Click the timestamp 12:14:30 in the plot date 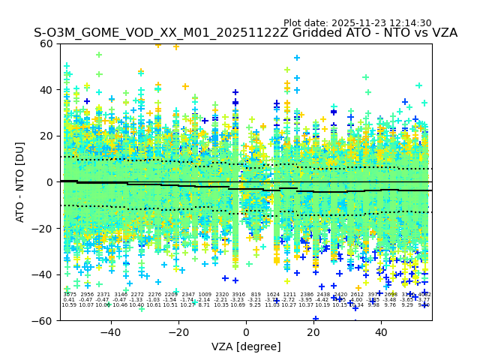tap(409, 23)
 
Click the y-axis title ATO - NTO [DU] tap(21, 181)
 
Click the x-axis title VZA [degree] tap(245, 346)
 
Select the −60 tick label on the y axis tap(44, 320)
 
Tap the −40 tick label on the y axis tap(44, 274)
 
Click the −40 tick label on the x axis tap(110, 331)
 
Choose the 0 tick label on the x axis tap(246, 331)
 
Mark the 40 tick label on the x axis tap(381, 331)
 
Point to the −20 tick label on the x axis tap(178, 331)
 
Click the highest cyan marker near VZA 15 tap(297, 58)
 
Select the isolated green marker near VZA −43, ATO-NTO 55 tap(99, 55)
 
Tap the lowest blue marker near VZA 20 tap(316, 319)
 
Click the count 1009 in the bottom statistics tap(205, 295)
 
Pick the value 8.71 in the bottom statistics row tap(205, 305)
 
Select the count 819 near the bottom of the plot tap(256, 295)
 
